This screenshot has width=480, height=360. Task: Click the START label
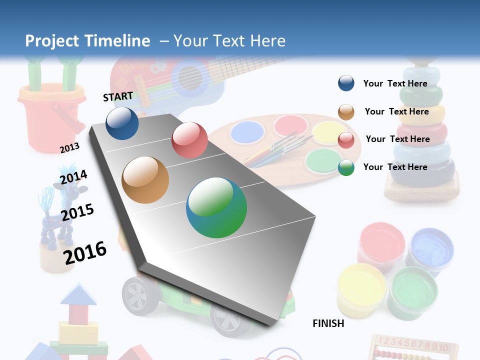pos(118,96)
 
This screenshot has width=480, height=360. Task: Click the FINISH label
pos(328,323)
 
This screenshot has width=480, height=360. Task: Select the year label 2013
pos(69,148)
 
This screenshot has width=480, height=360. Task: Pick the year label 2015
pos(77,212)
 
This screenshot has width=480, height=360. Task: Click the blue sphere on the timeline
pos(122,123)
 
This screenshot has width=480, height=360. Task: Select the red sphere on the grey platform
pos(189,140)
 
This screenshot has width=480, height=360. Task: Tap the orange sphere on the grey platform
pos(145,180)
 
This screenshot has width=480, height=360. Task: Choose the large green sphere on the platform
pos(216,207)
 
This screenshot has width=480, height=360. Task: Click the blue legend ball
pos(346,83)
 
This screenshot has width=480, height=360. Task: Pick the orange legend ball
pos(346,112)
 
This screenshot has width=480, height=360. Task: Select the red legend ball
pos(346,140)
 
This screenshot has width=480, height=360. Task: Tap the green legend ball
pos(346,167)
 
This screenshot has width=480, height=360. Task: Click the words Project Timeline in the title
pos(87,41)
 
